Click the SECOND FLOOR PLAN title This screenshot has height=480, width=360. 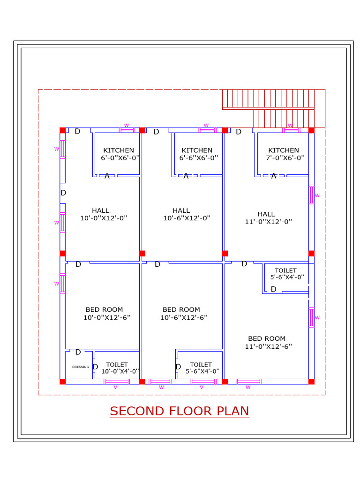[180, 411]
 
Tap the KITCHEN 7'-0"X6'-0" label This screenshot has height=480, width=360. [284, 154]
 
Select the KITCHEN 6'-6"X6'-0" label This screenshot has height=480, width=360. [197, 154]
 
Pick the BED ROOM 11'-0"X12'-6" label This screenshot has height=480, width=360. [267, 342]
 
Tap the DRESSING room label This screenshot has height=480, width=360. [80, 367]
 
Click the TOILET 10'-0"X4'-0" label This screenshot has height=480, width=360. [117, 367]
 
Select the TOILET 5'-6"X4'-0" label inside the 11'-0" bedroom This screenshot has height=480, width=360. [286, 274]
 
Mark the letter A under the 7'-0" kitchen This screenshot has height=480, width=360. [274, 176]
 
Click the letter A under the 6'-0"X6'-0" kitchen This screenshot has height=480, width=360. [107, 176]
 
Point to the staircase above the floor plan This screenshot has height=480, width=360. [273, 108]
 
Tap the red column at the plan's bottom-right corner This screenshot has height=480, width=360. [311, 382]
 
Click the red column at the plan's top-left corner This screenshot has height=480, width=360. [62, 130]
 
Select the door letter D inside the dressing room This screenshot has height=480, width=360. [78, 352]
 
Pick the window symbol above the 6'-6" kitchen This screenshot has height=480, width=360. [206, 130]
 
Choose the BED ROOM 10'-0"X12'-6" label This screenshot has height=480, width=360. [105, 313]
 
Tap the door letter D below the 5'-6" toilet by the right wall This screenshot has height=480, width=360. [273, 289]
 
